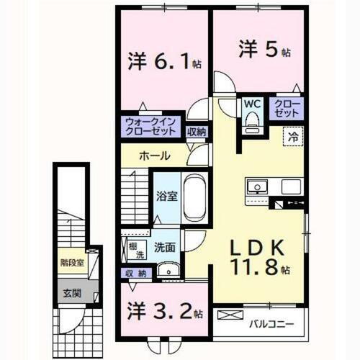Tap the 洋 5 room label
(264, 51)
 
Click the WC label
(251, 104)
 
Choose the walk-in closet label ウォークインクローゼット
(150, 126)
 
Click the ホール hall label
(155, 156)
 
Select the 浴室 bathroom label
(168, 195)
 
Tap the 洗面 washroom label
(164, 246)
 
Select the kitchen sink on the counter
(256, 187)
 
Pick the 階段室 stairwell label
(71, 262)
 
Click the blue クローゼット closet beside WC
(287, 109)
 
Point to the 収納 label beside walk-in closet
(197, 131)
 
